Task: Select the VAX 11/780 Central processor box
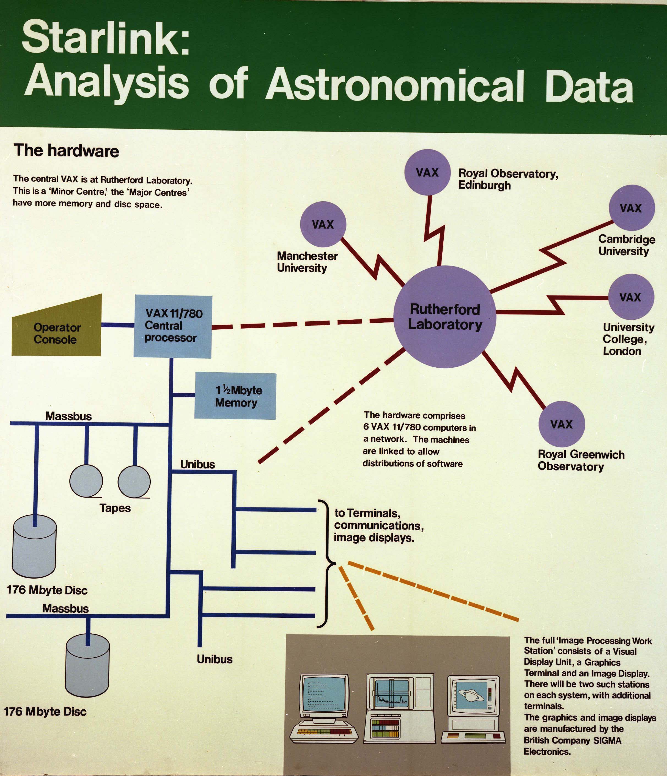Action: pos(173,326)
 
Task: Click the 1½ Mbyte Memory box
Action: pos(235,396)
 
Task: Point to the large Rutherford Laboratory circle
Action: pos(445,316)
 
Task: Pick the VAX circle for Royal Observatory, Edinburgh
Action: pos(427,172)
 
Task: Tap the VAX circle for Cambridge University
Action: pos(632,208)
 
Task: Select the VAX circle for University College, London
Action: pos(631,297)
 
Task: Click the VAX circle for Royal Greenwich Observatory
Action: pos(561,424)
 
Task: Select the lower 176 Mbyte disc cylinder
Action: pos(87,665)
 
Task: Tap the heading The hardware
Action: pos(66,151)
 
